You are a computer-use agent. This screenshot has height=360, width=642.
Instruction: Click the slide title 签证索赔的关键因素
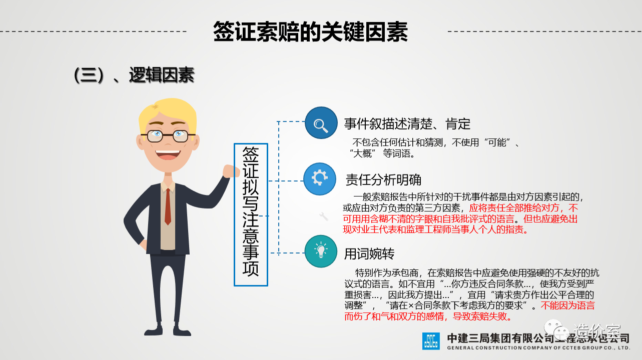click(x=310, y=32)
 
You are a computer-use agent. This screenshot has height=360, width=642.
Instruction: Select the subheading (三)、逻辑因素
click(x=134, y=75)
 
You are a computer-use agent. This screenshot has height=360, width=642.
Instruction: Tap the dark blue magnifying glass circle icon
click(x=321, y=123)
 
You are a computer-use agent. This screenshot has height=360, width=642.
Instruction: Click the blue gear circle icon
click(x=320, y=179)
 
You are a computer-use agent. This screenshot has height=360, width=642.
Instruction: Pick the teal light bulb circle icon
click(x=321, y=251)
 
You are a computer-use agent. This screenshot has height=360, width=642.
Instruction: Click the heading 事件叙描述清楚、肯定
click(x=407, y=124)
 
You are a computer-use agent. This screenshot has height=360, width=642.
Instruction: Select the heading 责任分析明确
click(x=383, y=180)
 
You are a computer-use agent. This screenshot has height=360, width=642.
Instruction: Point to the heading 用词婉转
click(x=369, y=253)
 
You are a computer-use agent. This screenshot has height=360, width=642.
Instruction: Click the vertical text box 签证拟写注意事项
click(x=251, y=214)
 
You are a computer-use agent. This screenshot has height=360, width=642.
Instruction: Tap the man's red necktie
click(x=168, y=206)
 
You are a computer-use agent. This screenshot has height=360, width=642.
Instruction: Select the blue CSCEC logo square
click(x=431, y=341)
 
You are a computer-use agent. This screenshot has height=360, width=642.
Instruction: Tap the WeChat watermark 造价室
click(x=597, y=331)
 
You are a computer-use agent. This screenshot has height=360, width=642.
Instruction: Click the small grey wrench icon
click(x=324, y=216)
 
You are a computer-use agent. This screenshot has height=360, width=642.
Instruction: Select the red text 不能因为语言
click(x=568, y=305)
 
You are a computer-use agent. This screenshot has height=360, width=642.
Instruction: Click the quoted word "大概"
click(x=362, y=153)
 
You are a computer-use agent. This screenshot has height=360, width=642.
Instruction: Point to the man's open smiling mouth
click(x=168, y=154)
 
